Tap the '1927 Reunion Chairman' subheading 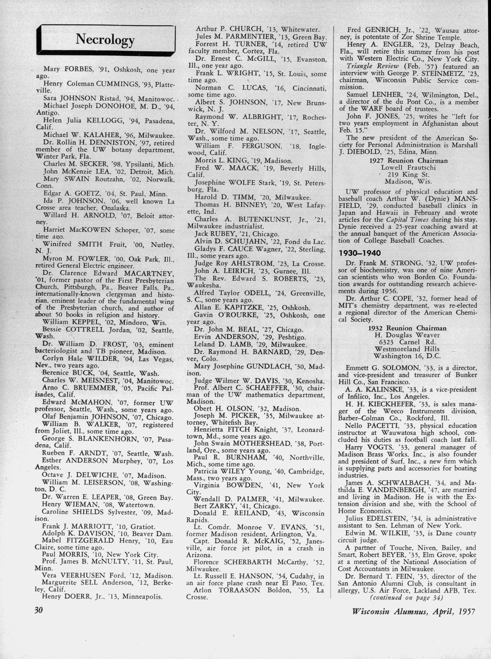coord(408,161)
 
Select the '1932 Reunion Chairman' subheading coord(408,328)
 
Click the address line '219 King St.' coord(408,175)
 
